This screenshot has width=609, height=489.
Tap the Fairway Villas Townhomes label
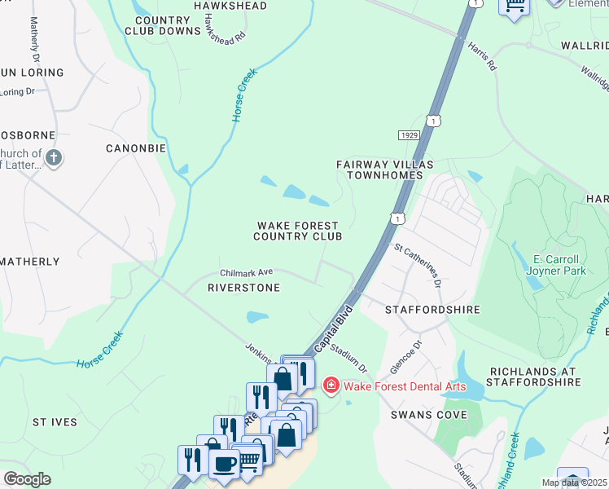pyautogui.click(x=380, y=170)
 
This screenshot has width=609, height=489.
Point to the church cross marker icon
pyautogui.click(x=54, y=158)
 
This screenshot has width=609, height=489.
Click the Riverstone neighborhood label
pyautogui.click(x=243, y=288)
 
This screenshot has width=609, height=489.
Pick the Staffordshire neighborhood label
pyautogui.click(x=432, y=310)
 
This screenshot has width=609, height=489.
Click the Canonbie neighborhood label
pyautogui.click(x=136, y=148)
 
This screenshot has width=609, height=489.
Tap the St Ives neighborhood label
pyautogui.click(x=55, y=422)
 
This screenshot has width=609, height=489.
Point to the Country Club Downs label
pyautogui.click(x=163, y=25)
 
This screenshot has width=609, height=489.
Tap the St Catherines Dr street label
pyautogui.click(x=417, y=264)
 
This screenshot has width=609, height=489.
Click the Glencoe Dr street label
pyautogui.click(x=418, y=355)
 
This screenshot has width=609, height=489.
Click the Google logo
pyautogui.click(x=27, y=479)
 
